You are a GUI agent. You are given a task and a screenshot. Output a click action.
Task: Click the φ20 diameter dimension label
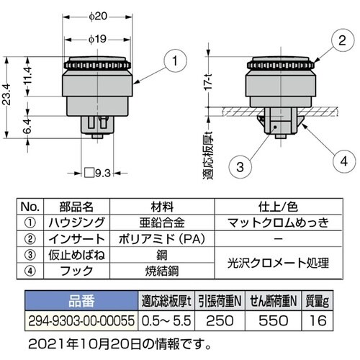[x=98, y=17]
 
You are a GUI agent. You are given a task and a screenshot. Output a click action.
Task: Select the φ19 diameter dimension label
[x=97, y=39]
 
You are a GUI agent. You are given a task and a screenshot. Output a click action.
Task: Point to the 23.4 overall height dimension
[x=6, y=94]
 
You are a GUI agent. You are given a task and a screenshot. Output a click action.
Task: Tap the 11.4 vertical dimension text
[x=27, y=75]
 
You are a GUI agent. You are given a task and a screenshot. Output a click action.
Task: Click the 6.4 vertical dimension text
[x=27, y=126]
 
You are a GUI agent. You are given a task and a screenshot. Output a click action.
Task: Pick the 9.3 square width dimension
[x=98, y=173]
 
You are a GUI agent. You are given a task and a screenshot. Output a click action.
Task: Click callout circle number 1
[x=175, y=60]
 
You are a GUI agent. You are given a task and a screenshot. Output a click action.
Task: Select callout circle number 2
[x=343, y=40]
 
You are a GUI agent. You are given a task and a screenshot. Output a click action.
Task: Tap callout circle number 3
[x=240, y=166]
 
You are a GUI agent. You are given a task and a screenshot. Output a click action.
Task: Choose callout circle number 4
[x=344, y=161]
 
